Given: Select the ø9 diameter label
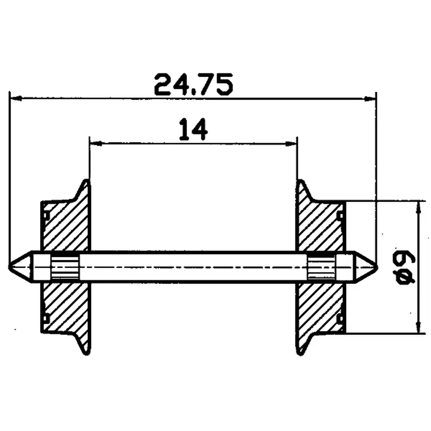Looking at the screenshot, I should click(406, 267).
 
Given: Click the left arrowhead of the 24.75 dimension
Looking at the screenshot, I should click(15, 99).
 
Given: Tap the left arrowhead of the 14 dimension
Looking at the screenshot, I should click(94, 143).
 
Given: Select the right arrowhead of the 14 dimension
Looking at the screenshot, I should click(292, 143).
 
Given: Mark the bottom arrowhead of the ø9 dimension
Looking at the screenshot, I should click(418, 328).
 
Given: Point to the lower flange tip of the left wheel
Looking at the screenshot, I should click(85, 352).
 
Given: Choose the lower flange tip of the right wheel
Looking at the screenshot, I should click(300, 352).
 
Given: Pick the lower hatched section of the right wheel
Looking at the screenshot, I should click(321, 308).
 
